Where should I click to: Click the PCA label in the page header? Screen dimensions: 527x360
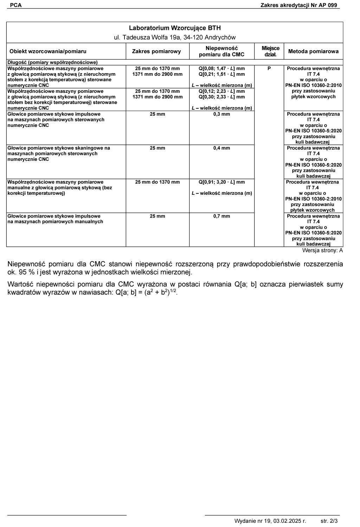click(16, 5)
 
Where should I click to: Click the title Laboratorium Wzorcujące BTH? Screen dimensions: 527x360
click(175, 28)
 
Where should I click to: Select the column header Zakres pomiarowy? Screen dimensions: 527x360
click(156, 51)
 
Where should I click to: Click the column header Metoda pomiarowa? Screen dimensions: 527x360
click(313, 51)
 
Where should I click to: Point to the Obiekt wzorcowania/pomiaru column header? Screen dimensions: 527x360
click(48, 51)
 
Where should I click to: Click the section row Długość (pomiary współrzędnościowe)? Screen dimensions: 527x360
click(52, 63)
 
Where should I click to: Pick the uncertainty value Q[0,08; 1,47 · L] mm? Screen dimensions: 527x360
click(221, 69)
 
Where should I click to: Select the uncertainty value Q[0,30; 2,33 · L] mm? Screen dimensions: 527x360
click(221, 97)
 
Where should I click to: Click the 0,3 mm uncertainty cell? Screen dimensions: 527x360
click(221, 114)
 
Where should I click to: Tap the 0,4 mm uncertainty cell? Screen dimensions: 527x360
click(221, 148)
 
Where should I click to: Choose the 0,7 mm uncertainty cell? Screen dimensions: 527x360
click(221, 216)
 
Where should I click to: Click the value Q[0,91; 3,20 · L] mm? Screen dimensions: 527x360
click(221, 182)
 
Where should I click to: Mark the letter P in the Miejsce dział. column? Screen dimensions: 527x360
click(269, 69)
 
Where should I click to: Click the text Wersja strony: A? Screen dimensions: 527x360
click(322, 251)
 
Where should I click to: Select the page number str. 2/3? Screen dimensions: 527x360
click(329, 521)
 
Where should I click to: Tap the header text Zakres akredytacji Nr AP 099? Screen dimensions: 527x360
click(298, 5)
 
